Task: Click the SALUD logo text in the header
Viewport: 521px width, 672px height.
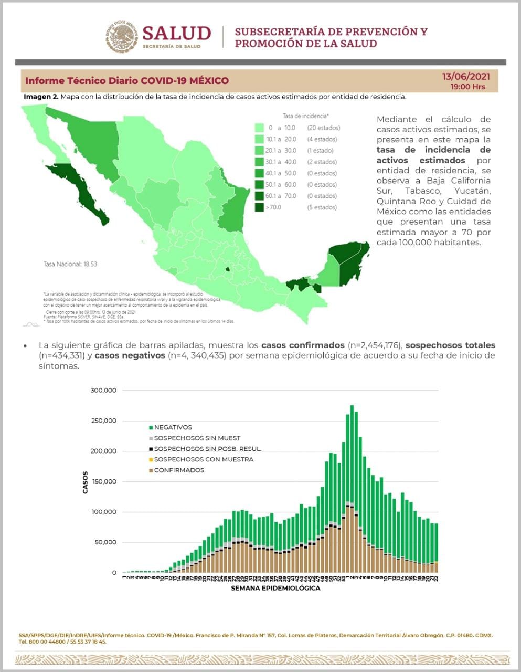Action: (176, 33)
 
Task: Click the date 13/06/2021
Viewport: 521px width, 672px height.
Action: (466, 77)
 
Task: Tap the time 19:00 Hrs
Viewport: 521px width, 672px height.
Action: (468, 87)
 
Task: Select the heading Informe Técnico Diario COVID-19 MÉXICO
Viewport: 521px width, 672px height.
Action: (127, 81)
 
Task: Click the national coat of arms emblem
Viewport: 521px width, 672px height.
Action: (122, 37)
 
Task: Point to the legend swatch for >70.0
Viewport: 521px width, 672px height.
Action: (259, 207)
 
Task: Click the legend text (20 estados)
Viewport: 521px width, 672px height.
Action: (324, 128)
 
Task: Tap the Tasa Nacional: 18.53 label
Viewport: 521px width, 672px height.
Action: (70, 264)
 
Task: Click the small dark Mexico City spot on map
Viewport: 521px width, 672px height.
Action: (227, 270)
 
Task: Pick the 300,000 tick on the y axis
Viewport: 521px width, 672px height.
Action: (103, 391)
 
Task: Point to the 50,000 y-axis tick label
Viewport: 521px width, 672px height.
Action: (105, 542)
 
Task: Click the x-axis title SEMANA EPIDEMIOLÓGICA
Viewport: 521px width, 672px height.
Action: (275, 589)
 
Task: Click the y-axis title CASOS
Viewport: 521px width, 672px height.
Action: (86, 482)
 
